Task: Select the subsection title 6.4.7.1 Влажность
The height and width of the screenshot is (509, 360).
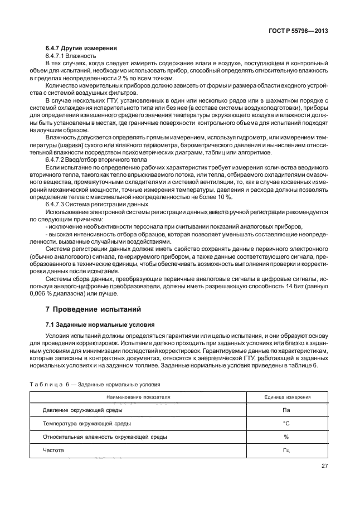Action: [x=70, y=57]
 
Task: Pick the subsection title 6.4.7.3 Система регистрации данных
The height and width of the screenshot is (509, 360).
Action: [x=93, y=204]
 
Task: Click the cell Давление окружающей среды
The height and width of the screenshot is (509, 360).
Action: [x=83, y=410]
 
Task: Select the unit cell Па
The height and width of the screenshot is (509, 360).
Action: [x=286, y=410]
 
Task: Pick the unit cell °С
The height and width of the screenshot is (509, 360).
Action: [x=286, y=423]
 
